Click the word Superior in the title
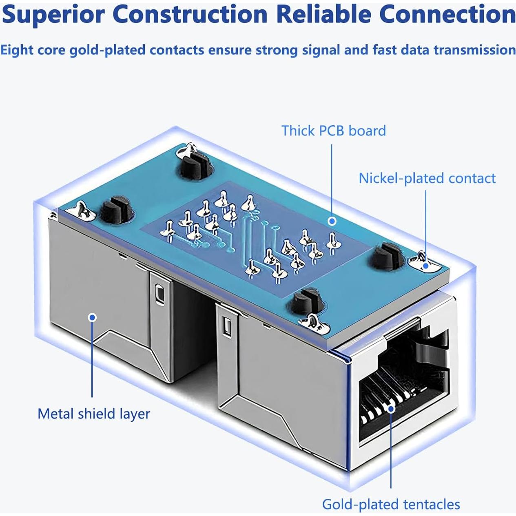click(x=53, y=15)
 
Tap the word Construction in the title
click(x=190, y=15)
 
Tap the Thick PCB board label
click(x=333, y=131)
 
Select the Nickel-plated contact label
click(x=427, y=178)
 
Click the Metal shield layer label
click(x=93, y=414)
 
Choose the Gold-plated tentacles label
click(x=391, y=504)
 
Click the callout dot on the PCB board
click(x=332, y=221)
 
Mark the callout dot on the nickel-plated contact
click(x=425, y=266)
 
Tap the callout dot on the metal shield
click(x=93, y=317)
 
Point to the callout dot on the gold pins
click(x=391, y=408)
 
